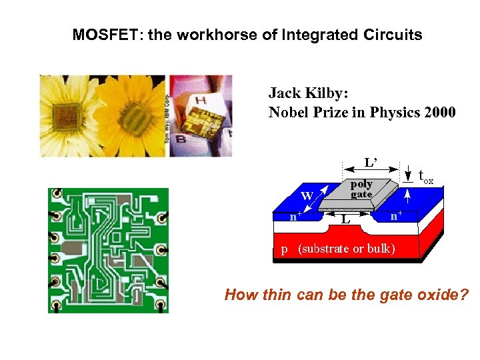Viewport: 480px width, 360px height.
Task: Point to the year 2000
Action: [x=439, y=112]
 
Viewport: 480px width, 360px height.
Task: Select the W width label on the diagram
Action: [x=307, y=195]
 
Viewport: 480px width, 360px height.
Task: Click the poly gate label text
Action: [x=361, y=189]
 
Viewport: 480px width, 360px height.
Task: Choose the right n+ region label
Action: [x=397, y=216]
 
